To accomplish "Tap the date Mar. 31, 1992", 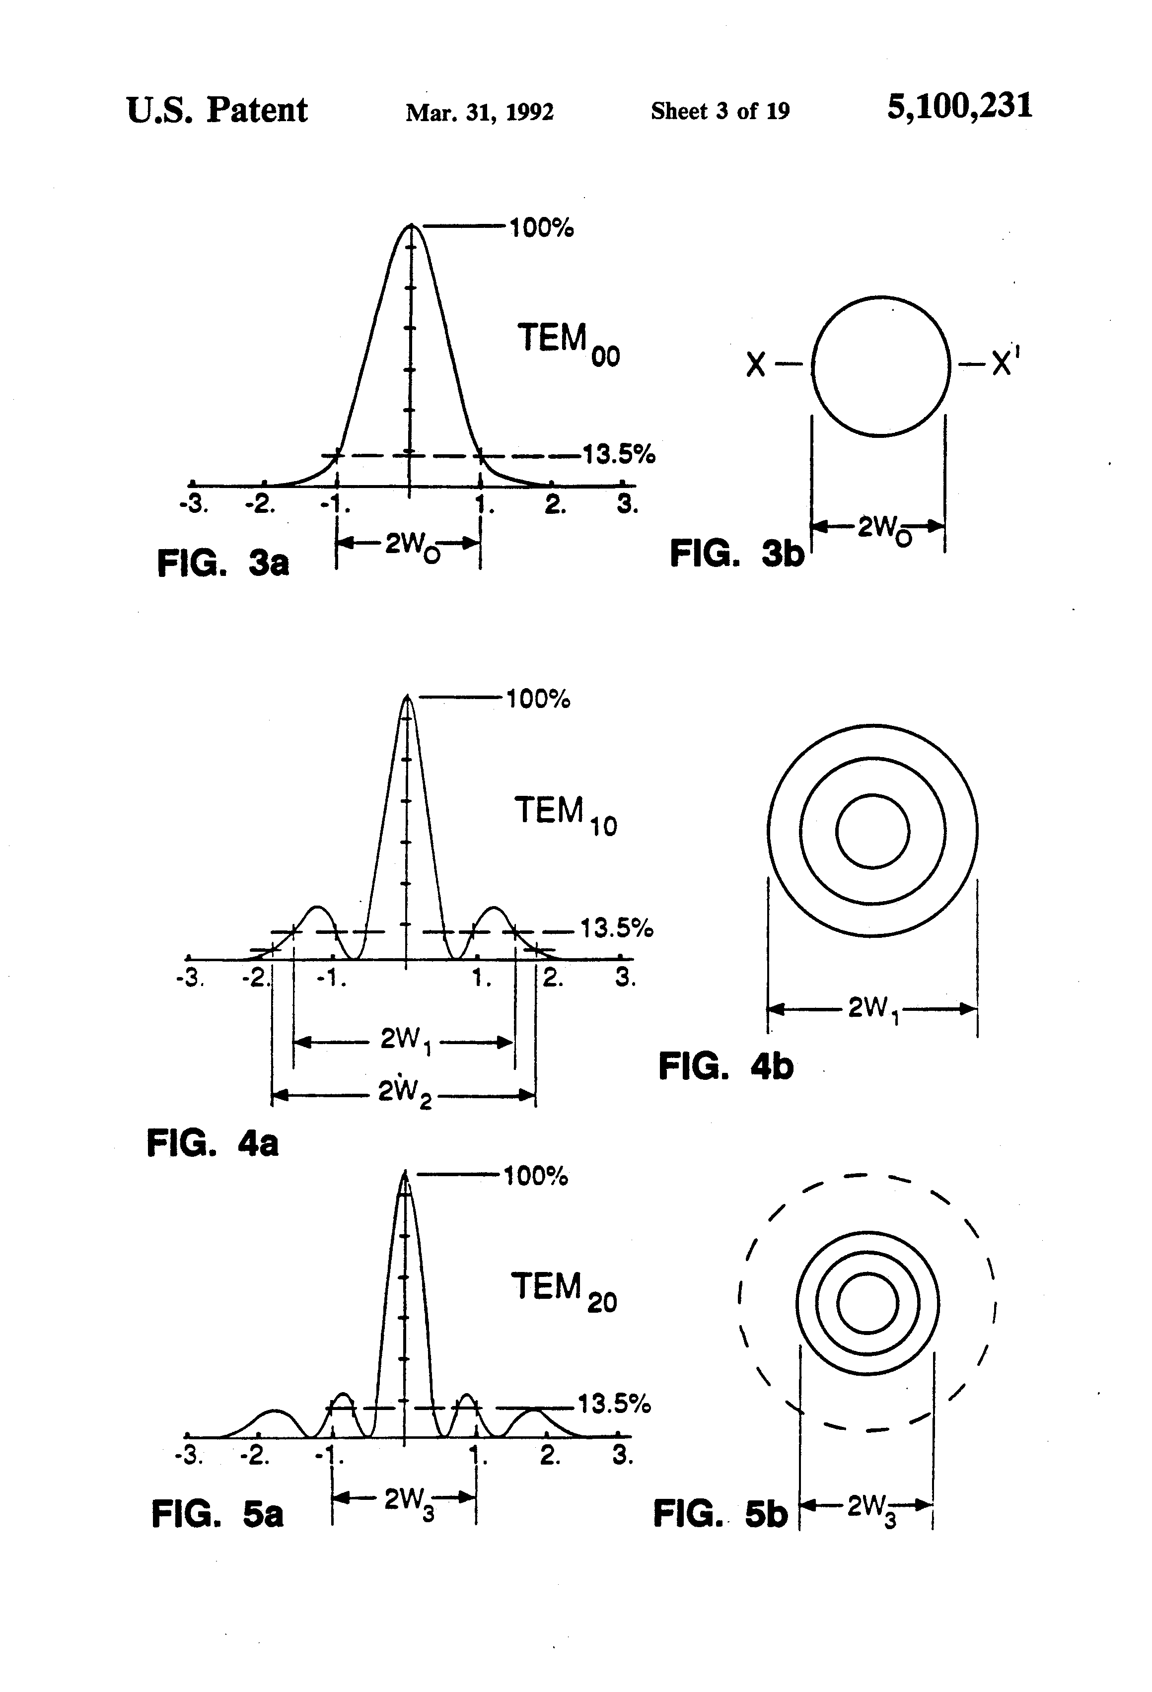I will click(x=479, y=111).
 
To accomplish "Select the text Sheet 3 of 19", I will click(x=720, y=111).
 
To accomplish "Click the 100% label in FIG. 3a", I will click(x=541, y=228).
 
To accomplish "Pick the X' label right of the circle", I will click(x=1005, y=362).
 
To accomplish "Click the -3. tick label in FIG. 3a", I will click(x=194, y=504).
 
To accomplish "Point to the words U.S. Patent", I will click(x=216, y=111).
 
